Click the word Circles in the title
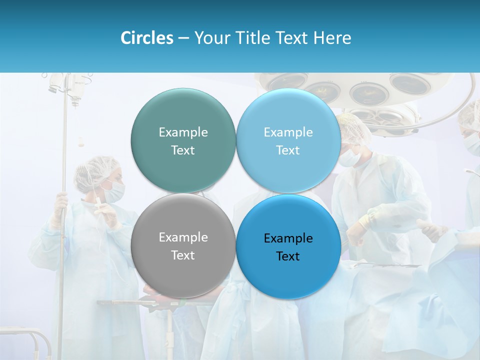pyautogui.click(x=146, y=38)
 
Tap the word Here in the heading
pyautogui.click(x=332, y=38)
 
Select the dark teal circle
pyautogui.click(x=183, y=140)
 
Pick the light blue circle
pyautogui.click(x=288, y=140)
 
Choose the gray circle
pyautogui.click(x=183, y=245)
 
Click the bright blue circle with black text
pyautogui.click(x=288, y=246)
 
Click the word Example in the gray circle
pyautogui.click(x=183, y=237)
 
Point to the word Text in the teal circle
pyautogui.click(x=183, y=150)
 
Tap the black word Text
pyautogui.click(x=288, y=256)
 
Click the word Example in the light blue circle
pyautogui.click(x=288, y=132)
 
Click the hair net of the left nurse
pyautogui.click(x=95, y=167)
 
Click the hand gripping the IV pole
pyautogui.click(x=60, y=202)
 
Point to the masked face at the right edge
pyautogui.click(x=471, y=140)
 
